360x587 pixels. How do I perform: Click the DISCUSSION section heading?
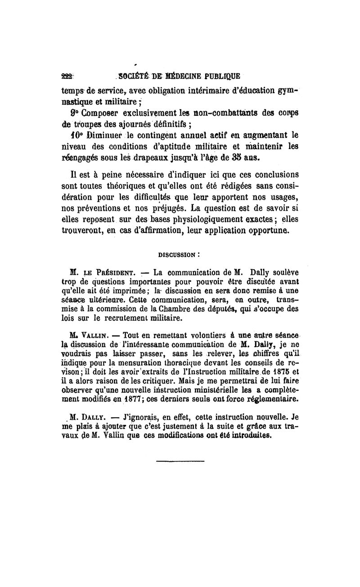tap(177, 254)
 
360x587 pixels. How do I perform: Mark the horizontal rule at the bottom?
tap(180, 461)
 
